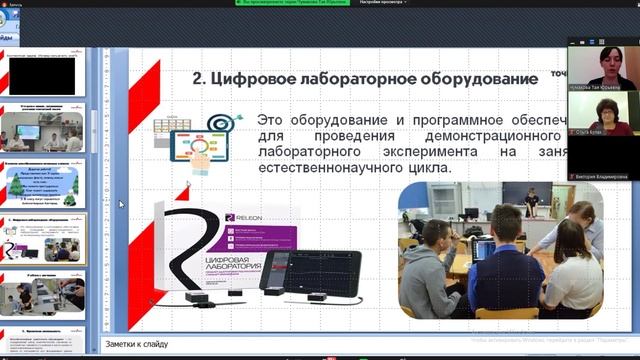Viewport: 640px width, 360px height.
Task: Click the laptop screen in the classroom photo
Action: pyautogui.click(x=483, y=249)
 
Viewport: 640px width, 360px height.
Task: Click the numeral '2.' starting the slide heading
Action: pyautogui.click(x=199, y=79)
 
